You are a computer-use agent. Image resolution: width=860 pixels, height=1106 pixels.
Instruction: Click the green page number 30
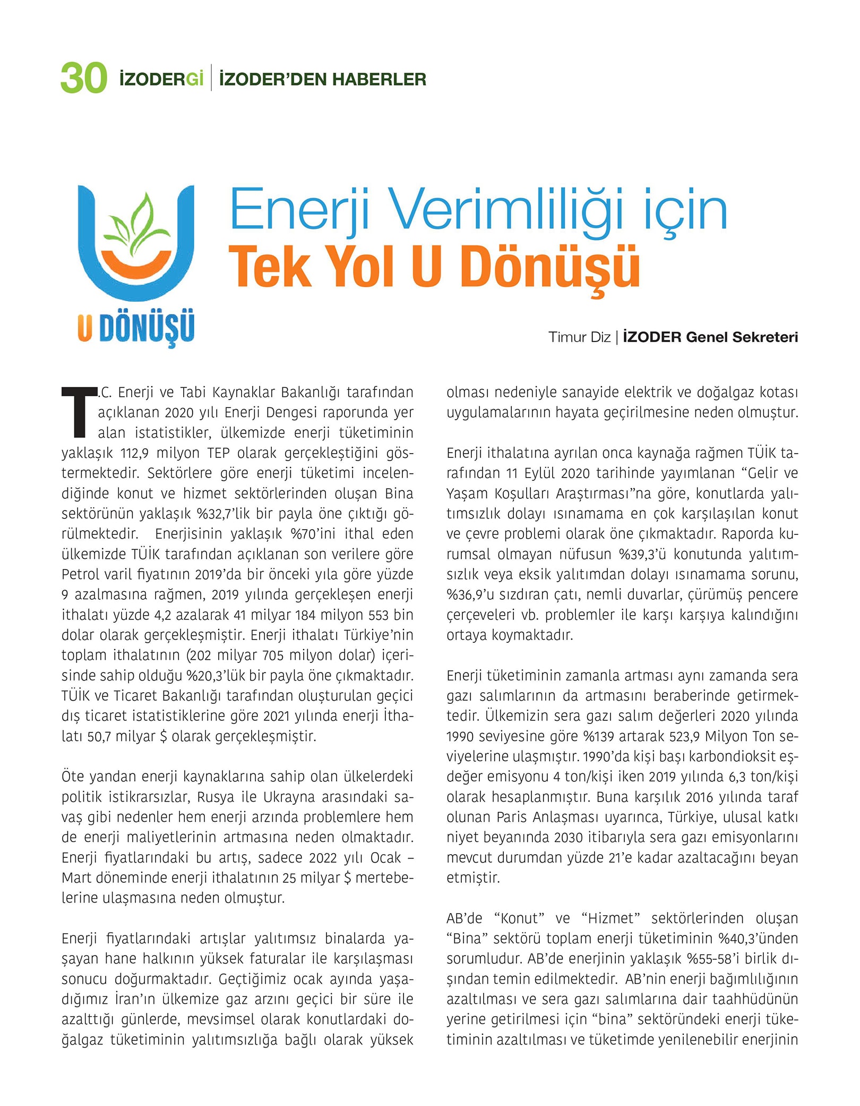[x=83, y=79]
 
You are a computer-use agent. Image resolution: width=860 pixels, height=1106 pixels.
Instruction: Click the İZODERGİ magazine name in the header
[x=161, y=79]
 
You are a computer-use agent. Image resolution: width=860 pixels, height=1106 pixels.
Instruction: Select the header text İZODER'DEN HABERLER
[x=322, y=79]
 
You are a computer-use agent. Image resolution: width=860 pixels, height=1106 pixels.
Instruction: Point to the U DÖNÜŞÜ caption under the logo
[x=136, y=328]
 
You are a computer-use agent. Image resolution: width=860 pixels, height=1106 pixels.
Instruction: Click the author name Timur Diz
[x=579, y=337]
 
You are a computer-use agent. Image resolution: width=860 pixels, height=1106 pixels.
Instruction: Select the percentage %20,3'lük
[x=214, y=676]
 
